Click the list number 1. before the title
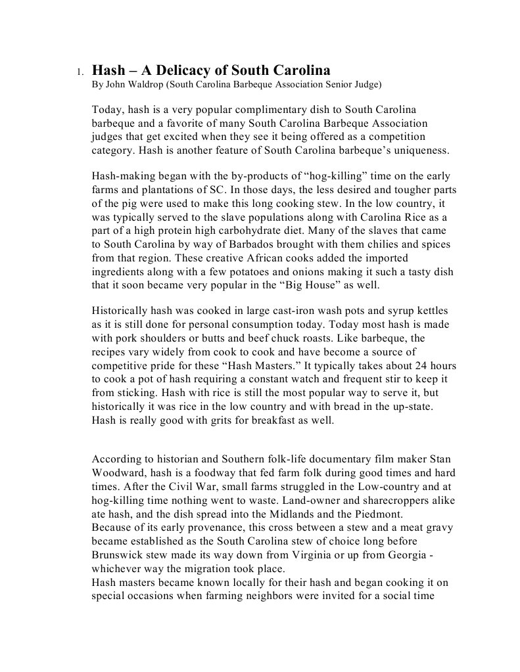pyautogui.click(x=79, y=72)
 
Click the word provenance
pyautogui.click(x=202, y=527)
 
